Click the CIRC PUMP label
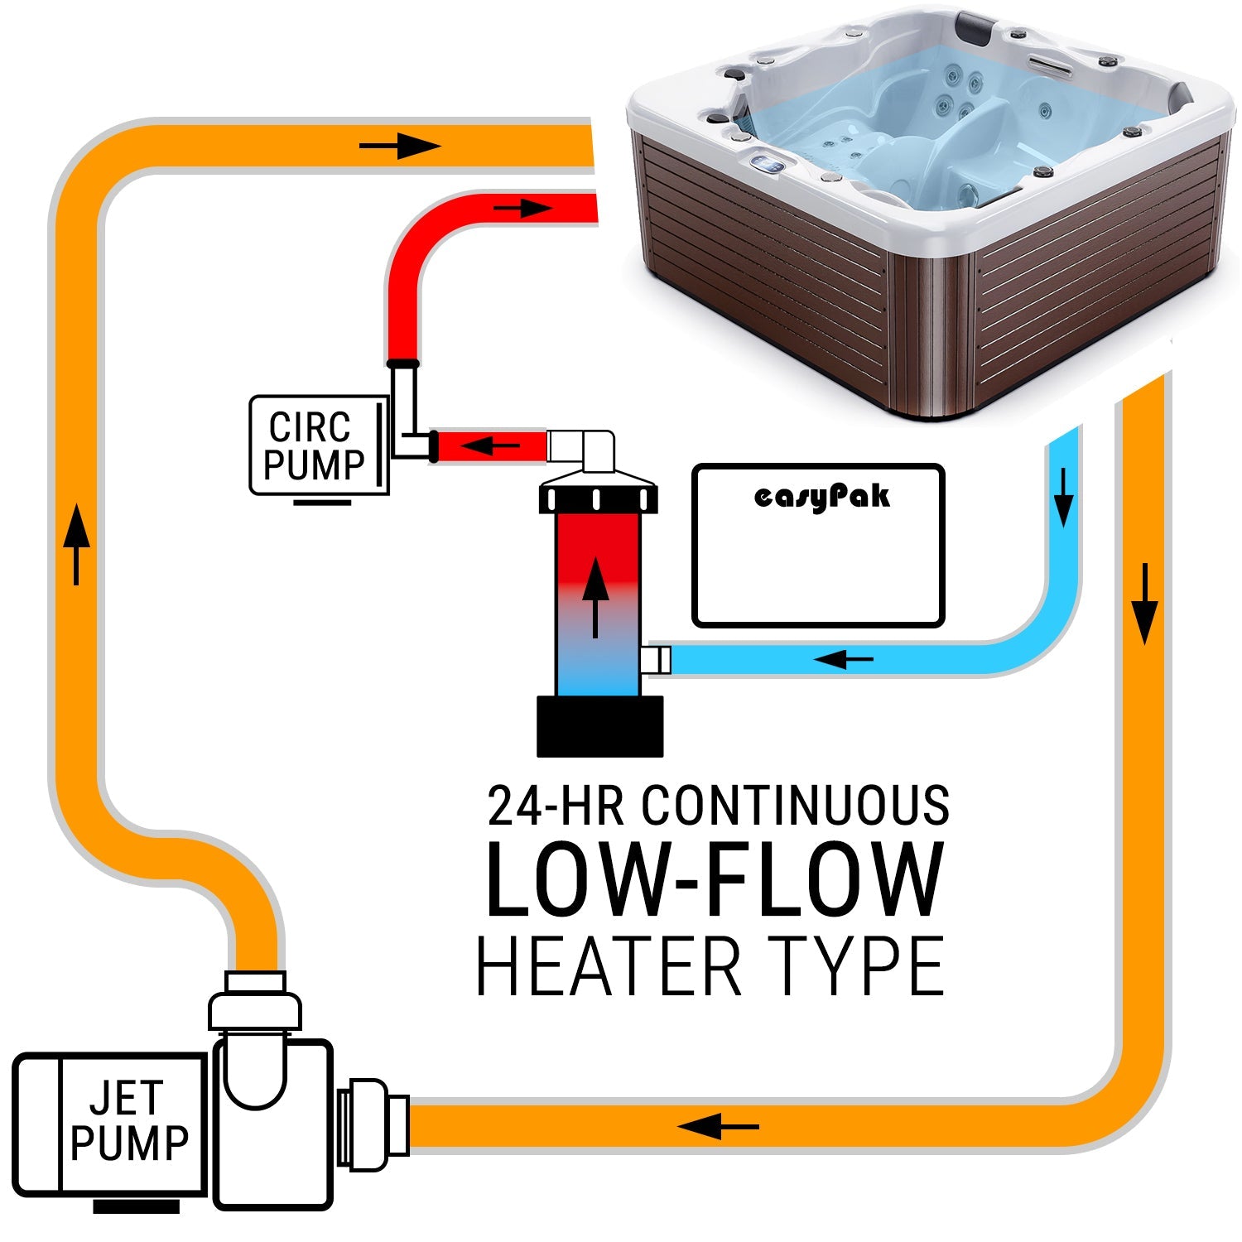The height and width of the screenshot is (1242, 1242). [x=315, y=446]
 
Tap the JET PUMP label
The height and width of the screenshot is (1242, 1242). [x=129, y=1122]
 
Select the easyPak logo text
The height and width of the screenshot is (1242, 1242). [x=822, y=497]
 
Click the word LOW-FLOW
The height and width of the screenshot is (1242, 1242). [x=714, y=879]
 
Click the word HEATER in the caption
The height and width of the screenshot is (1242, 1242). [x=609, y=966]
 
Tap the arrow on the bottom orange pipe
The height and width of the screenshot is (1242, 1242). [x=717, y=1126]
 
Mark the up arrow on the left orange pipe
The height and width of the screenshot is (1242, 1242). [x=76, y=542]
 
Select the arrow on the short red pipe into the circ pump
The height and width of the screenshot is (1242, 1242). [x=490, y=446]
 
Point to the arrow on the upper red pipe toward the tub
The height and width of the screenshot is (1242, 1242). [x=523, y=207]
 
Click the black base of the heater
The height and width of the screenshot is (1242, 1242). [x=599, y=725]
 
